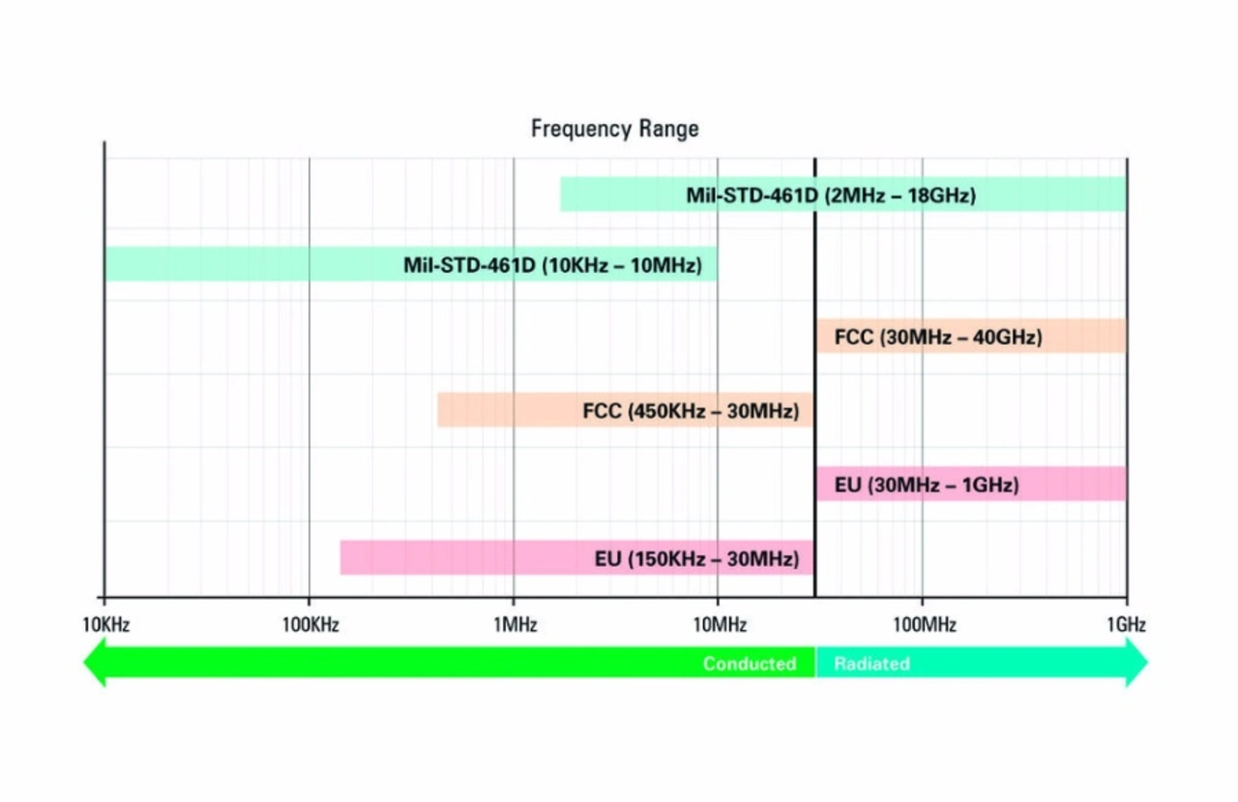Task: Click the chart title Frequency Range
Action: pos(614,129)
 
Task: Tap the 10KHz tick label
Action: pos(104,625)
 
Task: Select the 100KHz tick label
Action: pos(310,625)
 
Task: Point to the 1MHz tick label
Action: pos(515,625)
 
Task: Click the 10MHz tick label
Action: pos(719,625)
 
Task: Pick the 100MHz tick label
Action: pos(924,625)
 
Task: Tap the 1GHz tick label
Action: pos(1127,625)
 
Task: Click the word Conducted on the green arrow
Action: pos(749,664)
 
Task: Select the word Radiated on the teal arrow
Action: pos(871,664)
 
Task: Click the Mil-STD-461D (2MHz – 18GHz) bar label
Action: pos(831,195)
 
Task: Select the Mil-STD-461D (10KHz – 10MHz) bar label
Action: pos(552,265)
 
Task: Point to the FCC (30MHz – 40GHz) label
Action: pos(937,338)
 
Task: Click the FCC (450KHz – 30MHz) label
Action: pos(691,411)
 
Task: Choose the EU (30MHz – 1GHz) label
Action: pos(926,485)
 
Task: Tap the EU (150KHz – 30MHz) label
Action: pos(696,559)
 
